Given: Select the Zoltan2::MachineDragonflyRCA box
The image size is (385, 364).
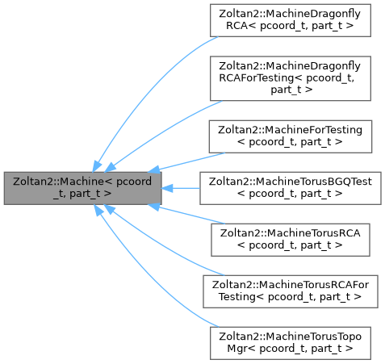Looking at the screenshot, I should [291, 21].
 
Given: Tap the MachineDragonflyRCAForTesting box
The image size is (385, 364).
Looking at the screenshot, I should [291, 77].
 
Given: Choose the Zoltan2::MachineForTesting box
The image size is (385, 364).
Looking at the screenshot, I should [291, 136].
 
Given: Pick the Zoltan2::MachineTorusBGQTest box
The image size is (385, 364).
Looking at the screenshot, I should [291, 187].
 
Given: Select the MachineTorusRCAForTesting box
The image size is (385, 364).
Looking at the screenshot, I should [291, 291].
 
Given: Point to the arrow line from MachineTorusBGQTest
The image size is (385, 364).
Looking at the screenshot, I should [186, 187].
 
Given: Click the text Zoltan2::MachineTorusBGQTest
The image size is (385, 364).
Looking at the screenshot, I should [291, 182].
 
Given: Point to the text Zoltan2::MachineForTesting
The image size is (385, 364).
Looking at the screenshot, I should [291, 129].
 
